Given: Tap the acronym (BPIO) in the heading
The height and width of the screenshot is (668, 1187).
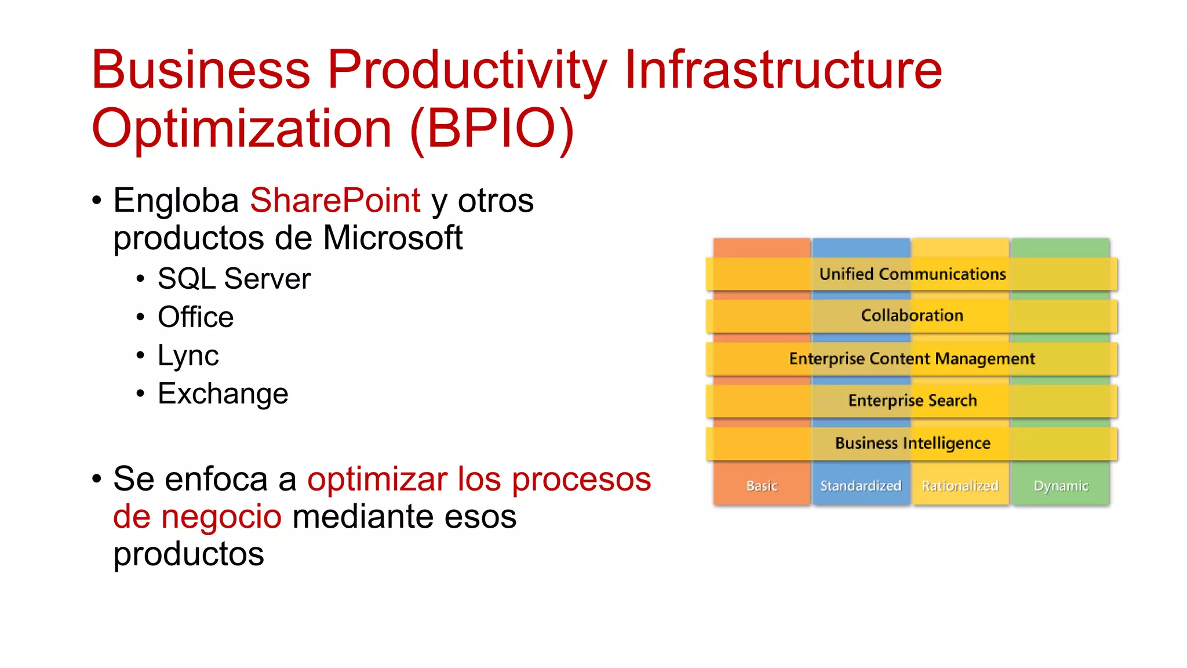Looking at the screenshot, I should click(x=491, y=129).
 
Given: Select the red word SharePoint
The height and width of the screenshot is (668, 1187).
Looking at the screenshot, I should click(x=335, y=201).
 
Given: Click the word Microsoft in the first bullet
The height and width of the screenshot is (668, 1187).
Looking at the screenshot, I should click(x=392, y=238).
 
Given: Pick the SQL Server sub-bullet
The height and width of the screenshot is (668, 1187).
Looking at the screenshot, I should click(x=234, y=279).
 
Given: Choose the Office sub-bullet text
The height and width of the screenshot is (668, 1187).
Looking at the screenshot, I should click(x=195, y=317).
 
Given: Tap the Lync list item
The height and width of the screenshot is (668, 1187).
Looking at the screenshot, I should click(x=188, y=355).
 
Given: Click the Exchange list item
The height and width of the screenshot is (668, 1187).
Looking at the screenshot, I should click(x=223, y=394).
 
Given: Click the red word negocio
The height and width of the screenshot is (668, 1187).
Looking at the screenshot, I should click(x=221, y=517).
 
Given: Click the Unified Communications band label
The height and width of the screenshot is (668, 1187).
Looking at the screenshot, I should click(x=912, y=274).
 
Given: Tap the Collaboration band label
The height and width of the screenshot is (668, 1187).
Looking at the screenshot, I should click(x=912, y=315).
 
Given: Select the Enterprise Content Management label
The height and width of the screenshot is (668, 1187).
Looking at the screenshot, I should click(x=912, y=358).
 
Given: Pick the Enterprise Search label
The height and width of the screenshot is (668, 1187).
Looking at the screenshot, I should click(x=912, y=401).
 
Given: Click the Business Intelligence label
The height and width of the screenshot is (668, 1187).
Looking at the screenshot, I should click(x=912, y=443).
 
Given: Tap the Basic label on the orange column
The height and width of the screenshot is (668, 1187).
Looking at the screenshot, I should click(x=762, y=486).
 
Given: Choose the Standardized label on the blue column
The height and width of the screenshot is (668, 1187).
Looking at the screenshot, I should click(x=861, y=486).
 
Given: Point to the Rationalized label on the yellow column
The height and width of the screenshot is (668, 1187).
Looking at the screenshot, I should click(x=960, y=486).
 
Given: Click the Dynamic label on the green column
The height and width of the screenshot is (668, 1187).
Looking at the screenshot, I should click(x=1061, y=486).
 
